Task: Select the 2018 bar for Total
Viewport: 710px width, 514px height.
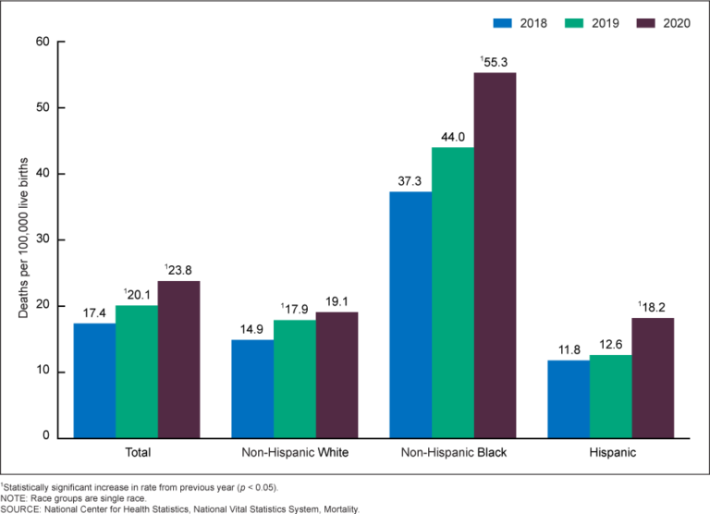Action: [94, 380]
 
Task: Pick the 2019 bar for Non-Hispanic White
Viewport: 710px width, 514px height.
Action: [294, 378]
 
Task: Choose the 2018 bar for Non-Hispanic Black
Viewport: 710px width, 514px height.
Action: [410, 314]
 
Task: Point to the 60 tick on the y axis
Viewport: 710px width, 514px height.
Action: [43, 42]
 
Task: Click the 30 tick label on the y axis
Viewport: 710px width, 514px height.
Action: [43, 239]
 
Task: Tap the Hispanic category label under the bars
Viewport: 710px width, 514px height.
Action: [610, 453]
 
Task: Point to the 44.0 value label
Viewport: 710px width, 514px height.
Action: [453, 136]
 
